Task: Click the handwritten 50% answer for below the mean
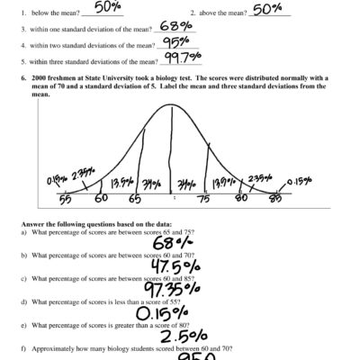pyautogui.click(x=108, y=7)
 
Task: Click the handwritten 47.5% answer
pyautogui.click(x=175, y=267)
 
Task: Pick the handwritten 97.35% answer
pyautogui.click(x=176, y=290)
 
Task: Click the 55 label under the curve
pyautogui.click(x=65, y=198)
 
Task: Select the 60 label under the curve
pyautogui.click(x=101, y=198)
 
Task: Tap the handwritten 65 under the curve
pyautogui.click(x=134, y=199)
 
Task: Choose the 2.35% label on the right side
pyautogui.click(x=259, y=178)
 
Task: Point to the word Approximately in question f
pyautogui.click(x=54, y=346)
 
